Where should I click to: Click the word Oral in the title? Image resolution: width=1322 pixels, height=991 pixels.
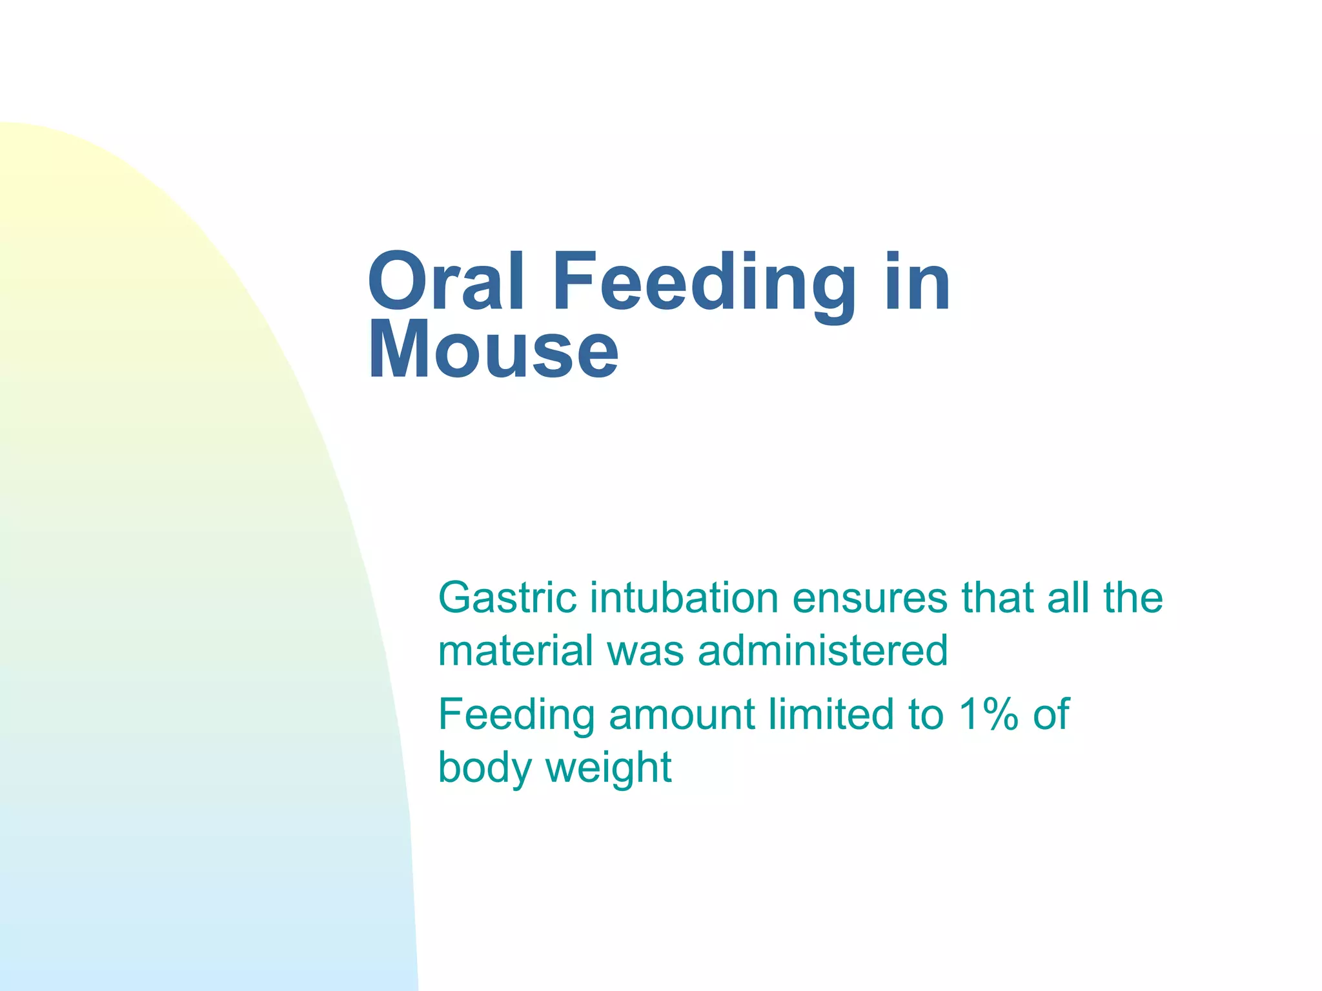click(445, 283)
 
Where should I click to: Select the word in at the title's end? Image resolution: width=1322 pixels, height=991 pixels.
click(917, 283)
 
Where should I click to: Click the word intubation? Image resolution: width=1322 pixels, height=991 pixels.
click(684, 598)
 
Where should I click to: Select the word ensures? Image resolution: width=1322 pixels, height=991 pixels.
click(870, 598)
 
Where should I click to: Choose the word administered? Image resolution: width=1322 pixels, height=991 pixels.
click(823, 650)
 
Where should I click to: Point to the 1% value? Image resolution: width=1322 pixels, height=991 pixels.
click(988, 715)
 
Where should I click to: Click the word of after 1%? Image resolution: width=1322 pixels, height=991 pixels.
click(1051, 715)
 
